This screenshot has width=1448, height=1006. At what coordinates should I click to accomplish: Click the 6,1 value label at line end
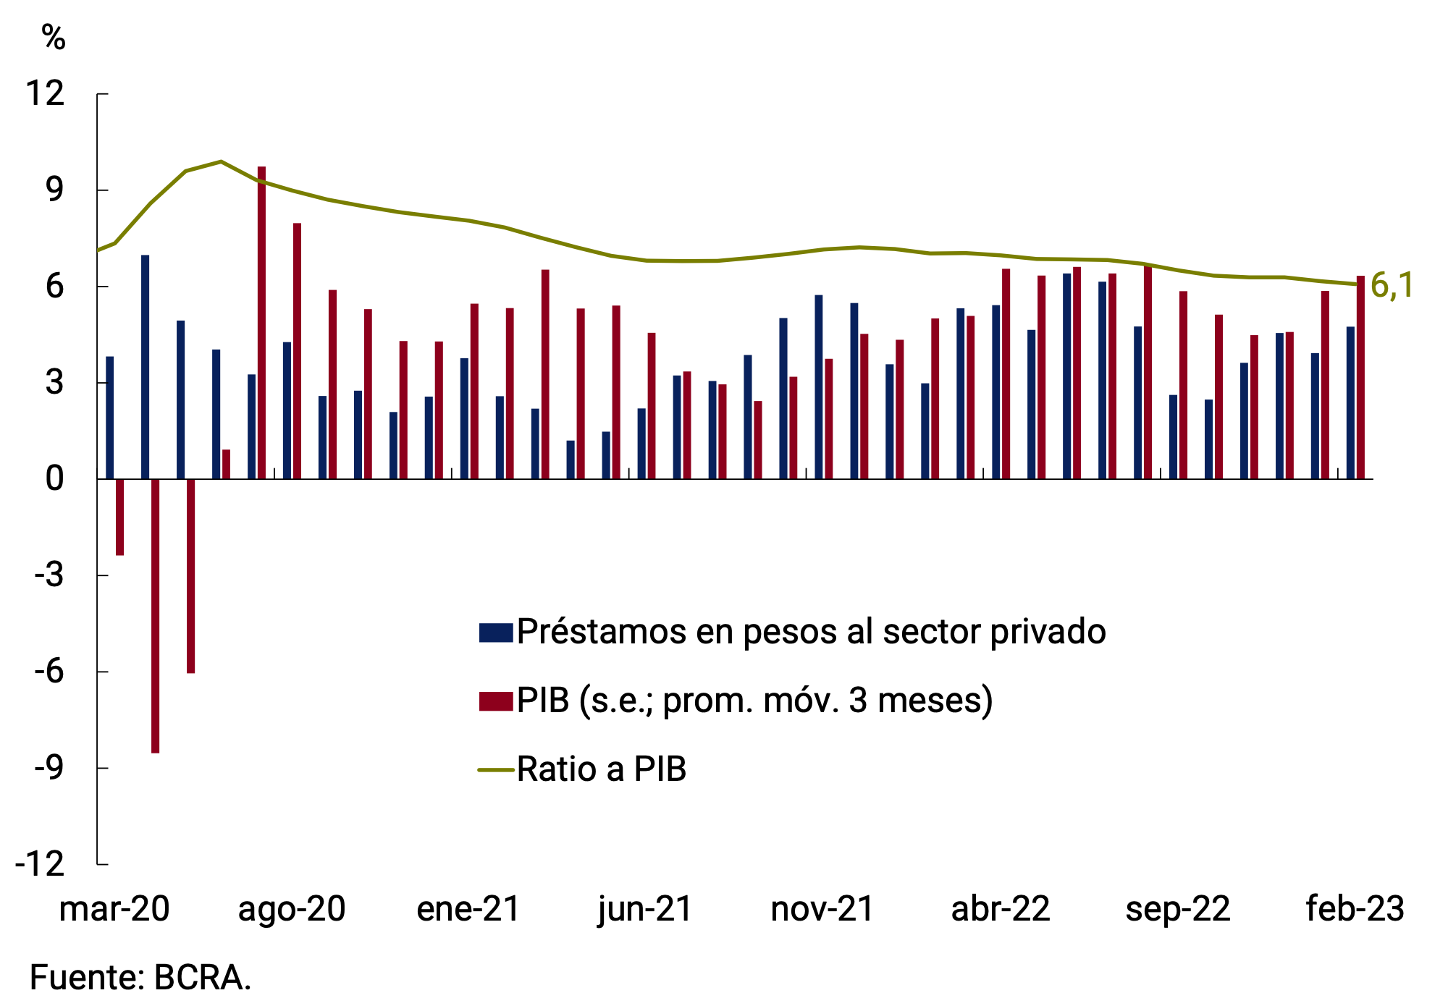pyautogui.click(x=1392, y=285)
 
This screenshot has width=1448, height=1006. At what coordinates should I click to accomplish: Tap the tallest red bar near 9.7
pyautogui.click(x=261, y=322)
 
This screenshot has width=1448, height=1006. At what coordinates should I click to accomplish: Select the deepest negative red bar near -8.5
pyautogui.click(x=155, y=615)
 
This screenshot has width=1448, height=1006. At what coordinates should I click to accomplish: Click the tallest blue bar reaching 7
pyautogui.click(x=145, y=366)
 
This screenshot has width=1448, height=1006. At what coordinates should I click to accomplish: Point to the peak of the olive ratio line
pyautogui.click(x=221, y=161)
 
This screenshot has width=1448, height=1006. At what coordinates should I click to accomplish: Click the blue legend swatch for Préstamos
pyautogui.click(x=496, y=632)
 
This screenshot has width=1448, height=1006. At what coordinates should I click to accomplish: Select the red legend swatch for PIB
pyautogui.click(x=496, y=701)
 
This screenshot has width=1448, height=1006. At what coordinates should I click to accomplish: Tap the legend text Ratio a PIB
pyautogui.click(x=601, y=769)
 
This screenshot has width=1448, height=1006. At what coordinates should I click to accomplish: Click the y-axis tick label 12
pyautogui.click(x=45, y=93)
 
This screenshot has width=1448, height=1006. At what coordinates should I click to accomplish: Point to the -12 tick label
pyautogui.click(x=40, y=864)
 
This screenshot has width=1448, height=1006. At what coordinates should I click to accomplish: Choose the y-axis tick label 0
pyautogui.click(x=54, y=479)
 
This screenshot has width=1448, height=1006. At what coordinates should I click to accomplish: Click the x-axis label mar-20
pyautogui.click(x=114, y=909)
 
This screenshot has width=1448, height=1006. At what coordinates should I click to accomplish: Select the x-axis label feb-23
pyautogui.click(x=1355, y=909)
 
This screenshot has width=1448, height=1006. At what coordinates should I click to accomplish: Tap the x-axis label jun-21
pyautogui.click(x=645, y=909)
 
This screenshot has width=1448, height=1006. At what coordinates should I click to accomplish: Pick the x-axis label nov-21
pyautogui.click(x=822, y=909)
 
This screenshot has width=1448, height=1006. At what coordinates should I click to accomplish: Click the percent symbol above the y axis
pyautogui.click(x=54, y=37)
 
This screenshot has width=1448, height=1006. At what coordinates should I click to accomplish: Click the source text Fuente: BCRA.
pyautogui.click(x=140, y=978)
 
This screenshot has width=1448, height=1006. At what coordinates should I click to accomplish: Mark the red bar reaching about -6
pyautogui.click(x=190, y=575)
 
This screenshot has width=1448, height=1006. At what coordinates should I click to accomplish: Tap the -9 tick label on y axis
pyautogui.click(x=49, y=768)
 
